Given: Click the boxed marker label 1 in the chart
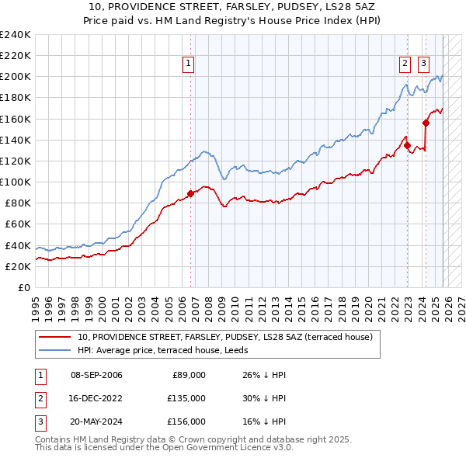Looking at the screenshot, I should [189, 64].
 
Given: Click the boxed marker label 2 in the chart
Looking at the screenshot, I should [405, 64].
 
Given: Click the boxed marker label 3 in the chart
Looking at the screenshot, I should [424, 64].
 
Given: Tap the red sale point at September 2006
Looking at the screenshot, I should [191, 194].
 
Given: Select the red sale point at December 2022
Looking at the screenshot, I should [407, 145].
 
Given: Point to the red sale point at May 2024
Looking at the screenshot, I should [426, 123].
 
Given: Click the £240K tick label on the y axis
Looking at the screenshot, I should [15, 35].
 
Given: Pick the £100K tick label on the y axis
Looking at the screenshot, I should [15, 182].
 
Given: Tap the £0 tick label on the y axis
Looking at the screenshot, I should [24, 287].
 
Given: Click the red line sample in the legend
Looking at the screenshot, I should [55, 337].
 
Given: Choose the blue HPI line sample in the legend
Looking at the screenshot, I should [55, 350].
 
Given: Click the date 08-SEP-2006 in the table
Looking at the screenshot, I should [96, 375].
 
